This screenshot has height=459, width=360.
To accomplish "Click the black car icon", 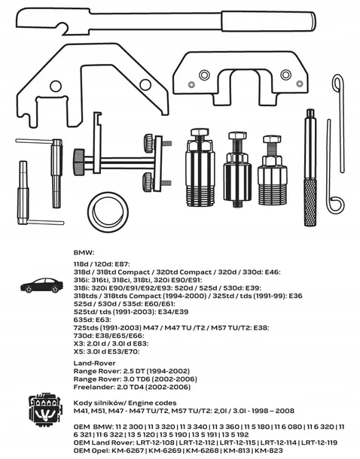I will [x=41, y=286].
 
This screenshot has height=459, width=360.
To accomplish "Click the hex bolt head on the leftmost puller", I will [x=200, y=134].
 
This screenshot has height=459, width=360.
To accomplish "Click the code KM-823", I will [x=269, y=451].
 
